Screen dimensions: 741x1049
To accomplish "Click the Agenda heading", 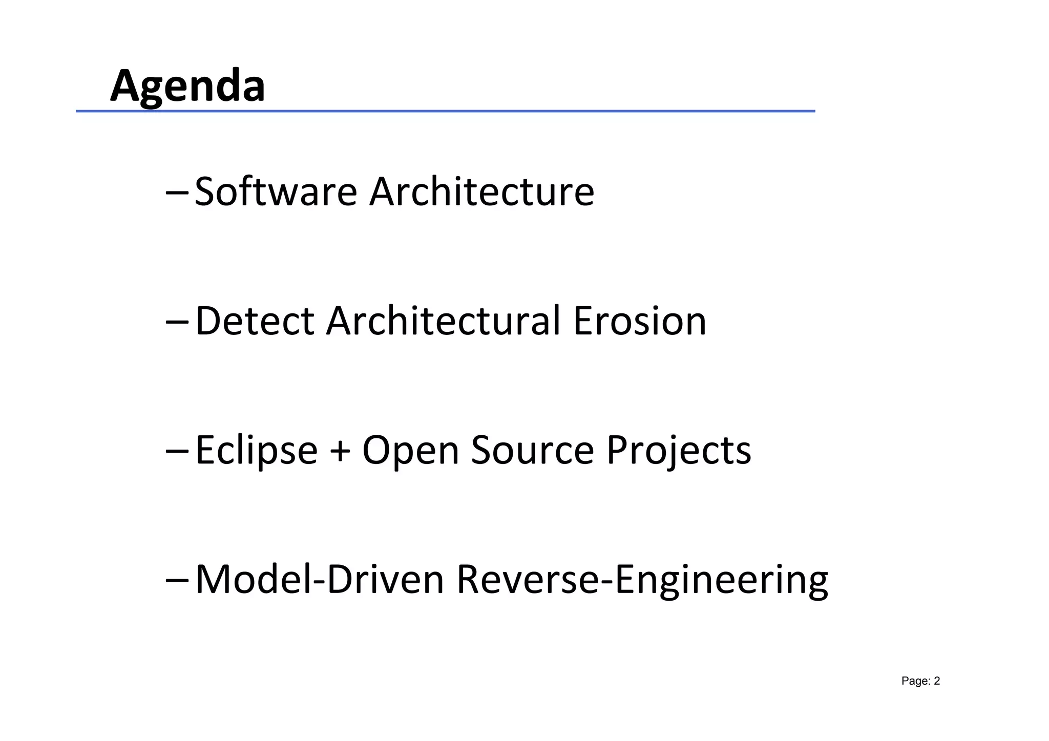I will pyautogui.click(x=187, y=86).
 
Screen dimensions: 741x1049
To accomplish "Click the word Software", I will pyautogui.click(x=276, y=192).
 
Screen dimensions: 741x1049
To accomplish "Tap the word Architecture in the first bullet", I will pyautogui.click(x=481, y=192).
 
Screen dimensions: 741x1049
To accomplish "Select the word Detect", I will pyautogui.click(x=255, y=321).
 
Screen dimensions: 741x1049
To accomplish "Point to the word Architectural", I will pyautogui.click(x=443, y=321).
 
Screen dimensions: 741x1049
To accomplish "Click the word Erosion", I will pyautogui.click(x=639, y=321).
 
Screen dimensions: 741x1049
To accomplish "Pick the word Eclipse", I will pyautogui.click(x=256, y=451).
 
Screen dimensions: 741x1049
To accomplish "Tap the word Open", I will pyautogui.click(x=410, y=451).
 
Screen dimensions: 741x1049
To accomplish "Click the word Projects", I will pyautogui.click(x=679, y=451).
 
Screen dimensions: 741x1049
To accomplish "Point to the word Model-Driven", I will pyautogui.click(x=319, y=580).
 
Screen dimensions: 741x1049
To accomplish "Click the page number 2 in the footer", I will pyautogui.click(x=937, y=681).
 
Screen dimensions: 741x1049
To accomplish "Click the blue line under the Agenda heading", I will pyautogui.click(x=445, y=111).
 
